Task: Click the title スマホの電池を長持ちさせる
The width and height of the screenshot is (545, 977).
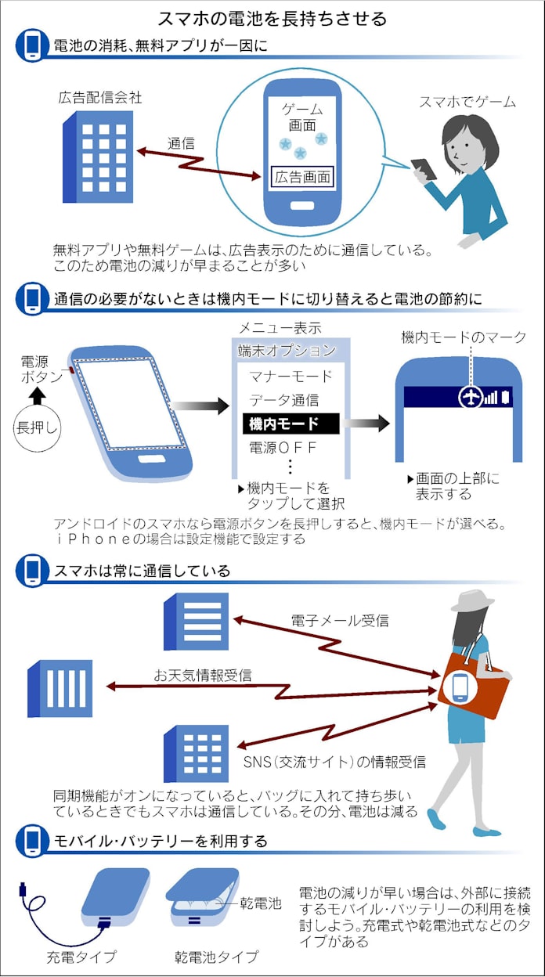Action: [x=272, y=17]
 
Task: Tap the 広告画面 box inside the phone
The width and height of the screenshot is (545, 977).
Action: [x=302, y=177]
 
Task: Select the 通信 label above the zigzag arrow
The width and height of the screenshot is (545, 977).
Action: [x=181, y=144]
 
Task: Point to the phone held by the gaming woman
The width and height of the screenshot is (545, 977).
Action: [x=423, y=168]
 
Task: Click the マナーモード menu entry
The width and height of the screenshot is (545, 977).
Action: [x=291, y=377]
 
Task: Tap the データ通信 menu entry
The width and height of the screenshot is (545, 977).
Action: [x=283, y=400]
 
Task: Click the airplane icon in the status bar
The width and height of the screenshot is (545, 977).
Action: [x=471, y=397]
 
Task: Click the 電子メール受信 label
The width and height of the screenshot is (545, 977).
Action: [x=339, y=621]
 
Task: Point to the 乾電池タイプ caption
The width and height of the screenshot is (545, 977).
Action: [x=216, y=957]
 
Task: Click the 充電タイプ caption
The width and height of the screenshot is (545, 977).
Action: [x=81, y=957]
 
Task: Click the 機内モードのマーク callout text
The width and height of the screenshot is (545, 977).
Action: [x=464, y=337]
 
